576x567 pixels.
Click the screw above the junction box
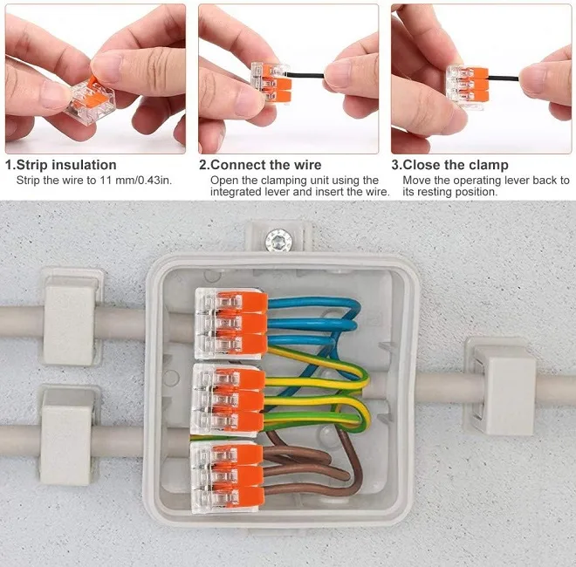click(x=278, y=241)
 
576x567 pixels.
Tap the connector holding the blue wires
click(x=231, y=324)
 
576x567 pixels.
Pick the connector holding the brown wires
click(x=228, y=476)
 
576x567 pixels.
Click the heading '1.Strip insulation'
click(x=61, y=165)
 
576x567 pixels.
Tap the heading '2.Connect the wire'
click(x=260, y=165)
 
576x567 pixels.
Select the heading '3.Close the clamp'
click(x=450, y=165)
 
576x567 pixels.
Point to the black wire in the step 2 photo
click(x=306, y=75)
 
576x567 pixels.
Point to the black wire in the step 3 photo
click(x=504, y=78)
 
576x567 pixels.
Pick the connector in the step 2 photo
click(x=271, y=82)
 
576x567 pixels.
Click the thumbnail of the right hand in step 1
click(x=106, y=69)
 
